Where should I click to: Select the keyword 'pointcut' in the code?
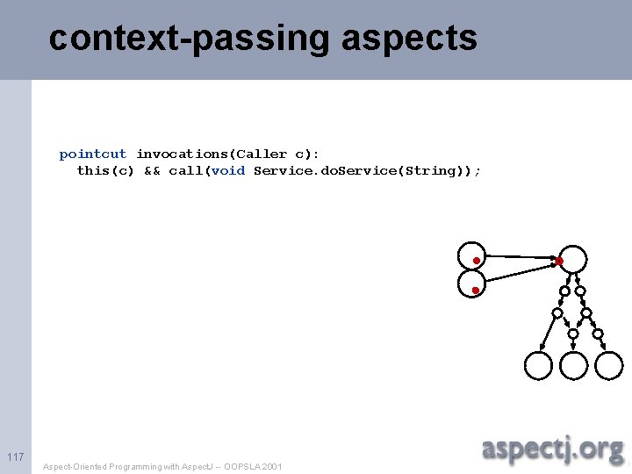[x=93, y=154]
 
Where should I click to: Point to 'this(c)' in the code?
[x=105, y=170]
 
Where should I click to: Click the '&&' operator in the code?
[x=152, y=170]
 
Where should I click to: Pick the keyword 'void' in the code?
[x=228, y=170]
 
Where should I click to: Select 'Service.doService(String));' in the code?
[x=367, y=170]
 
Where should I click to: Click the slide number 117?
[x=15, y=456]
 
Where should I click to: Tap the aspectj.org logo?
[x=552, y=449]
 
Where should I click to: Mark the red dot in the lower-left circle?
[x=475, y=290]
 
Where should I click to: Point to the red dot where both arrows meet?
[x=559, y=261]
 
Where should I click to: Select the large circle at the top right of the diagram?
[x=573, y=258]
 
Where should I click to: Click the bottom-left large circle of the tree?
[x=538, y=365]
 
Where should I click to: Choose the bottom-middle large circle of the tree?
[x=573, y=365]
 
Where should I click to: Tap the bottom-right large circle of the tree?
[x=609, y=365]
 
